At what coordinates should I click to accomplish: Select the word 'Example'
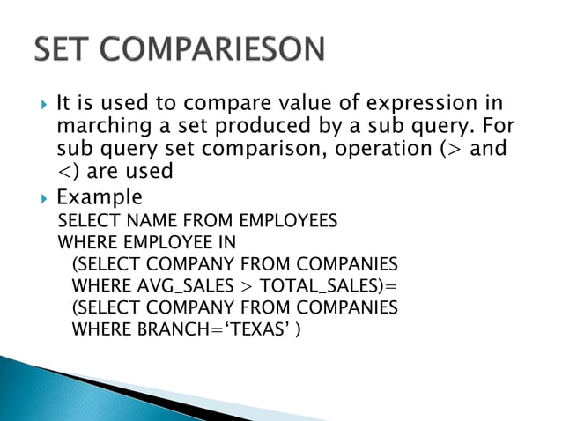click(x=99, y=196)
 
